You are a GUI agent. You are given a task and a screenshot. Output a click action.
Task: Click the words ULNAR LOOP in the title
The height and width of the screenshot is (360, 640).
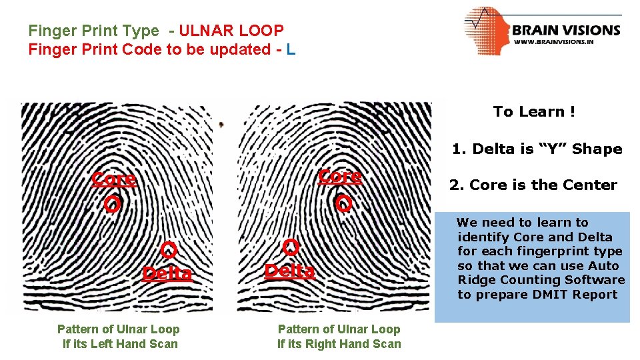coord(231,31)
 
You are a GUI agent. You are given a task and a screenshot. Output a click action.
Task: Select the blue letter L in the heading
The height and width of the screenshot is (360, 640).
coord(291,49)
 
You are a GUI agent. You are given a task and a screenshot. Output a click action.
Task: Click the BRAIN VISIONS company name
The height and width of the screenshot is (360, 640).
coord(566,29)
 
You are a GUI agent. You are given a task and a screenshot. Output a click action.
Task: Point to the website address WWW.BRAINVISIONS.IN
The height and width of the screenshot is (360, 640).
coord(554,41)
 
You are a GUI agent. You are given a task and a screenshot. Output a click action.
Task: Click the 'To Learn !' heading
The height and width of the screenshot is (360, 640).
coord(534,112)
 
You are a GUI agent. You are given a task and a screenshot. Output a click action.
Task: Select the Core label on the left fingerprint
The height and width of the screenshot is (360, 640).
coord(114,179)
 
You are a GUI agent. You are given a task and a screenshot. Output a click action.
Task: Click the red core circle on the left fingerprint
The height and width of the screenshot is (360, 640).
coord(113,204)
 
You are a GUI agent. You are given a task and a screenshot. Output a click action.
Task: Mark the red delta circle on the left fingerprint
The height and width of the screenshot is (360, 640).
coord(169,251)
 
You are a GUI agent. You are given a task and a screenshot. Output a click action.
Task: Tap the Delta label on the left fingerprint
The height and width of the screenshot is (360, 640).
coord(167,273)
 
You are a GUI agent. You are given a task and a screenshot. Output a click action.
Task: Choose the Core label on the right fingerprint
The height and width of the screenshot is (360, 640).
coord(340,176)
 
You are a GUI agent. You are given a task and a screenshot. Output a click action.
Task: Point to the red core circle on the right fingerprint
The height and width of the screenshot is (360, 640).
coord(343,203)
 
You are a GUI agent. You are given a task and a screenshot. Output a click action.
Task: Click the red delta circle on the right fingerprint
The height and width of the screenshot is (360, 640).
coord(291,247)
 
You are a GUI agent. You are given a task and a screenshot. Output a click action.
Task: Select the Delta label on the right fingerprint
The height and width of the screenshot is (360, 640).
coord(289,271)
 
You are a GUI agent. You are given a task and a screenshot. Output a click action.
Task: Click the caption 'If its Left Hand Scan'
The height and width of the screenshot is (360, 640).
coord(120,344)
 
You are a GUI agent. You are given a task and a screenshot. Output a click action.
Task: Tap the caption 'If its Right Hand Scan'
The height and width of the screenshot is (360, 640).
coord(339,344)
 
